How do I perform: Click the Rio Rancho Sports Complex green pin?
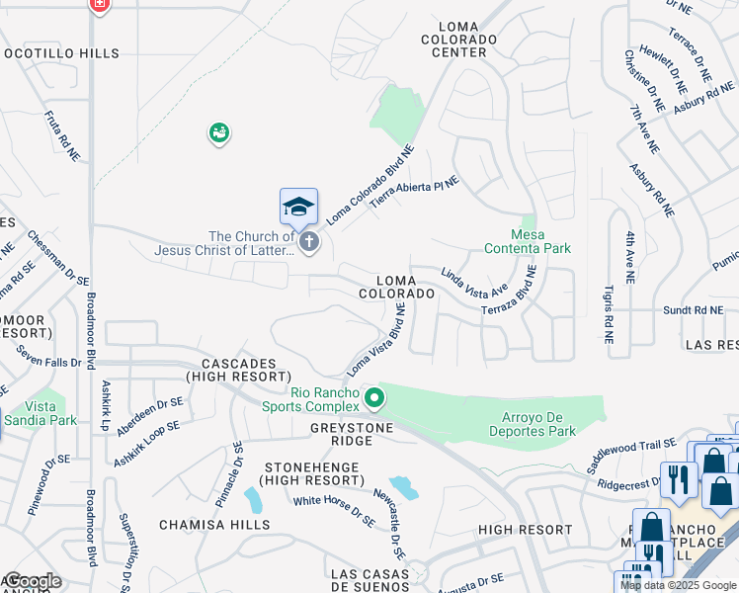pyautogui.click(x=374, y=398)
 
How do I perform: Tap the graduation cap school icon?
pyautogui.click(x=298, y=206)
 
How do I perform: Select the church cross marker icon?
pyautogui.click(x=309, y=241)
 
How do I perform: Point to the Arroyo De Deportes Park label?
pyautogui.click(x=534, y=422)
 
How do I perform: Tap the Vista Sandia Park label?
pyautogui.click(x=41, y=413)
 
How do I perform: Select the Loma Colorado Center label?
pyautogui.click(x=458, y=39)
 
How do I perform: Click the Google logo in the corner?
pyautogui.click(x=33, y=581)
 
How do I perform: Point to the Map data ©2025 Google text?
pyautogui.click(x=678, y=585)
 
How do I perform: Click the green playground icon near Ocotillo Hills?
pyautogui.click(x=218, y=132)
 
